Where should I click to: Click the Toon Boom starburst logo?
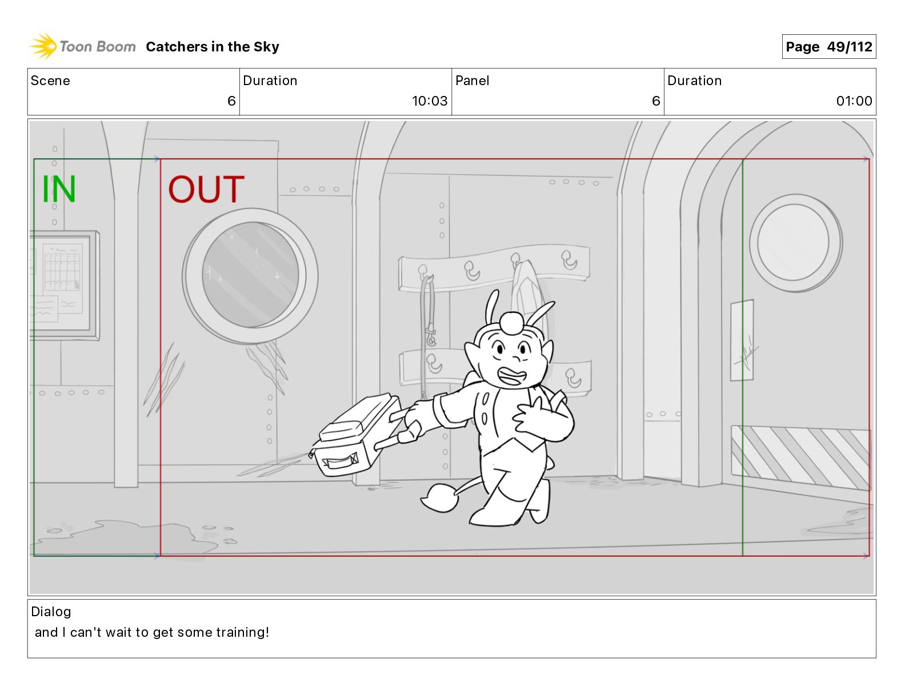pos(43,46)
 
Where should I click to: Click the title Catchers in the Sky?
pos(213,47)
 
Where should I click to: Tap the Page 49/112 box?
pos(829,47)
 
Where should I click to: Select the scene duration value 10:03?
pos(430,101)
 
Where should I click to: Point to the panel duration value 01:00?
pos(854,101)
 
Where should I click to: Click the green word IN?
pos(59,189)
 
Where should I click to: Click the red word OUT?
pos(206,189)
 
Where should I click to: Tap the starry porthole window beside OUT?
pos(250,275)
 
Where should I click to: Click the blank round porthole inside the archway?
pos(795,243)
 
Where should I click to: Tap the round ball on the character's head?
pos(511,323)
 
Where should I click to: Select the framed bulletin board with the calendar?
pos(65,286)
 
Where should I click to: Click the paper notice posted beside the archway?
pos(742,340)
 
